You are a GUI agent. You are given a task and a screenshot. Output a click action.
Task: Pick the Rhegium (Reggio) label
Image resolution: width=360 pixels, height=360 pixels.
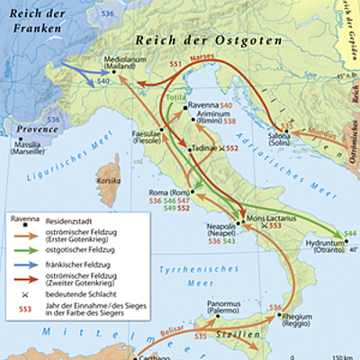click(279, 319)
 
